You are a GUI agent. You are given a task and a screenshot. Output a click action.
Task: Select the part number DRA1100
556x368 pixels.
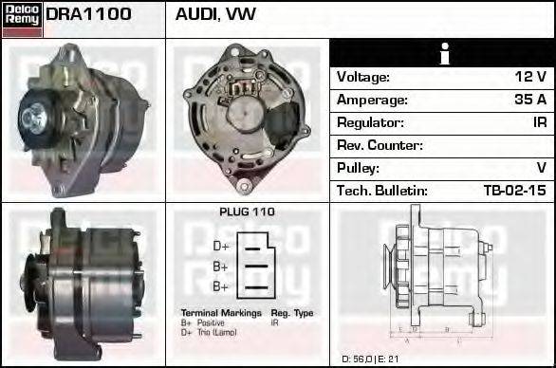coord(88,15)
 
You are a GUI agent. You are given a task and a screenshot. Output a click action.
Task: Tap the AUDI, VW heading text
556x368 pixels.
coord(215,15)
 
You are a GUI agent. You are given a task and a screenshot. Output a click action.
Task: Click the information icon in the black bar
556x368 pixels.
coord(442,53)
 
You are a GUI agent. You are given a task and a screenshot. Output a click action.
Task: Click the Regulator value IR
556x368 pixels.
coord(539,122)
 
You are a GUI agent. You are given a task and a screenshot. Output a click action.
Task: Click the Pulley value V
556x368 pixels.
coord(542,168)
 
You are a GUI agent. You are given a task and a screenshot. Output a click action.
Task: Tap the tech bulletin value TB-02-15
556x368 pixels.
coord(515,191)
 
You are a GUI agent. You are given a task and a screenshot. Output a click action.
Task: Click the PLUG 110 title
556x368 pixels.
coord(247,212)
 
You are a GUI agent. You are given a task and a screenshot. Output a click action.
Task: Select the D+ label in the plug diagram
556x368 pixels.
coord(220,246)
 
